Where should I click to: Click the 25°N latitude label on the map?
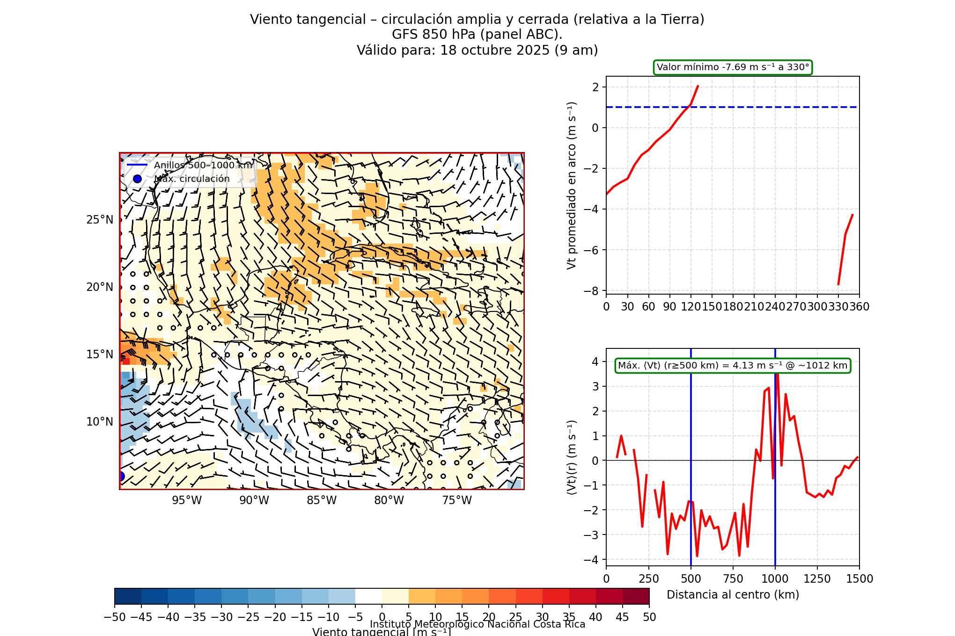[100, 220]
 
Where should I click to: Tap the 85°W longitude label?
[322, 500]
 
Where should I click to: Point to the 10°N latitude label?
[100, 422]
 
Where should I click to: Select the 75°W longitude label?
[457, 500]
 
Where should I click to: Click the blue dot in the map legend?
[137, 179]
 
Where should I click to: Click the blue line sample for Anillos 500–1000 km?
[137, 165]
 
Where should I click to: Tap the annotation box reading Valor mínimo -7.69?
[733, 67]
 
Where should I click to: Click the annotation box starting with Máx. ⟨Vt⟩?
[733, 366]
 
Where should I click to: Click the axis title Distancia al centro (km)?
[733, 595]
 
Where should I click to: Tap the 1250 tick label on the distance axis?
[817, 579]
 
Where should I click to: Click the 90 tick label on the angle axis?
[669, 307]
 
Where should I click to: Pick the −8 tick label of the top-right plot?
[592, 291]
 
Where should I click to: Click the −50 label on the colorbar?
[114, 617]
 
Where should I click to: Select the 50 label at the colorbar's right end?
[649, 617]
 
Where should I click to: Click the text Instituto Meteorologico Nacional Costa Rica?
[477, 624]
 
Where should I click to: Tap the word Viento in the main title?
[268, 20]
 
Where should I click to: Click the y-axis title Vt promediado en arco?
[572, 185]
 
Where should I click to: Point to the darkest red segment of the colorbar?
[636, 596]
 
